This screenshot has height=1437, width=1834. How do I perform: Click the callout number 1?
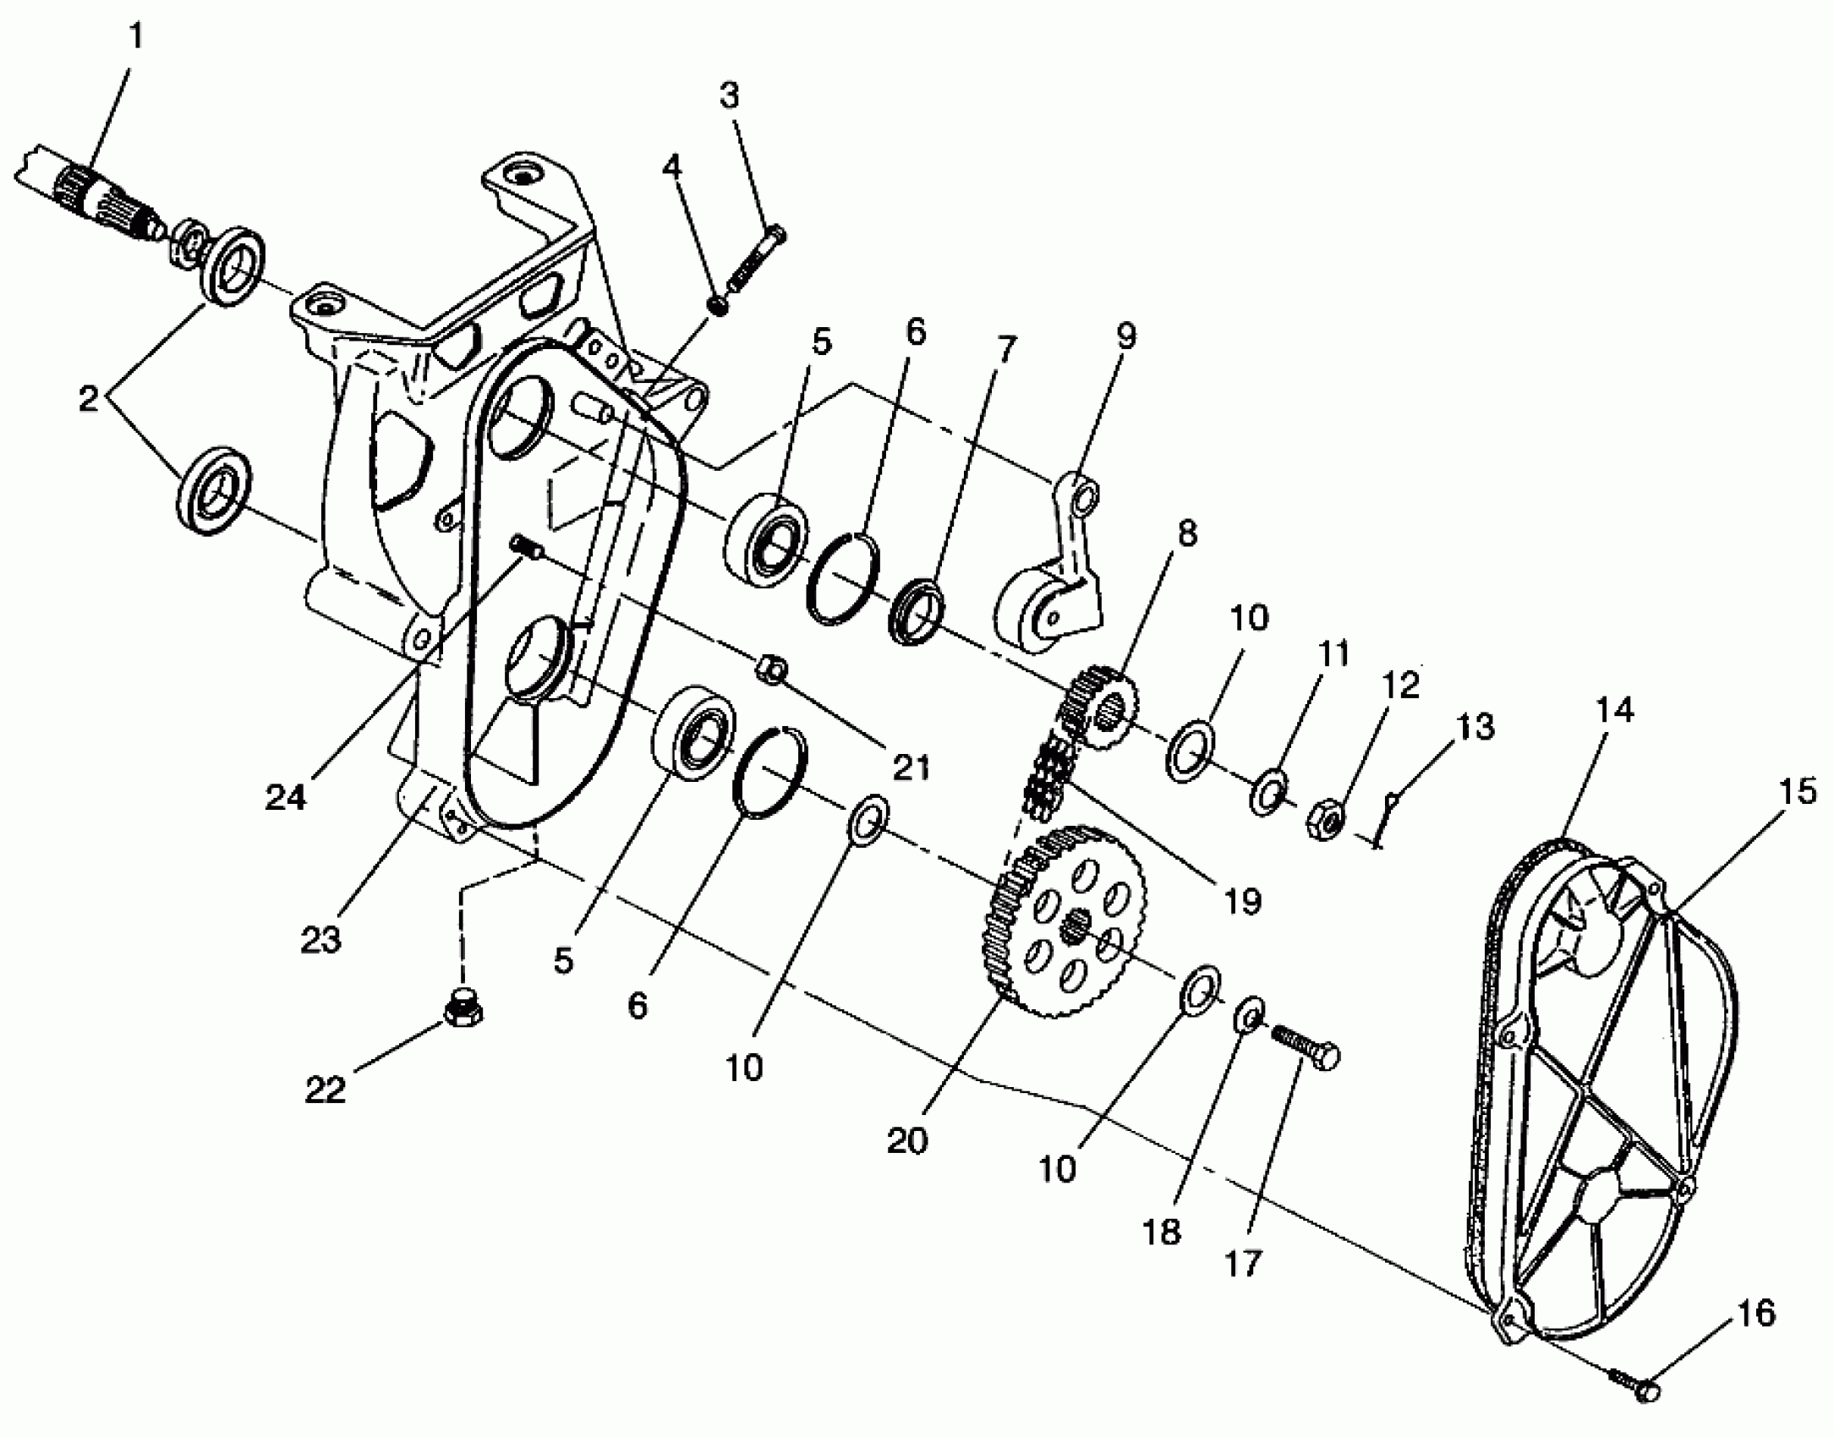pyautogui.click(x=136, y=37)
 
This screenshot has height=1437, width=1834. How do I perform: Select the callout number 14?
pyautogui.click(x=1616, y=709)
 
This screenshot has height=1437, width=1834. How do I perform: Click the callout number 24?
pyautogui.click(x=286, y=797)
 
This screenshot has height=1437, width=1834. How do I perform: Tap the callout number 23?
pyautogui.click(x=320, y=939)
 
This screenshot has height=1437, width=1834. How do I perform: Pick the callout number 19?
pyautogui.click(x=1243, y=902)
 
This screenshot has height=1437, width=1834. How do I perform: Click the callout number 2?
pyautogui.click(x=89, y=399)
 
